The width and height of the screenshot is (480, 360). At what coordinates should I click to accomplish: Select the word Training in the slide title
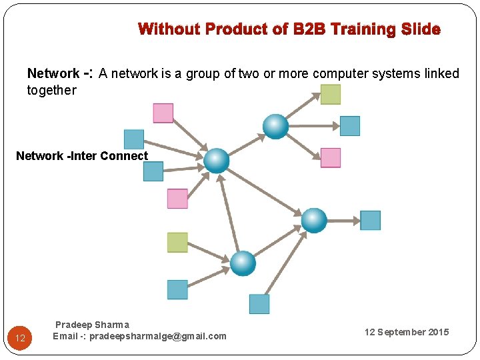tap(364, 29)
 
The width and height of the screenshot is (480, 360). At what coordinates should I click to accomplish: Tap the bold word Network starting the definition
tap(53, 73)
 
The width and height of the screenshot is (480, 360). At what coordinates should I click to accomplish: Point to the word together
tap(51, 90)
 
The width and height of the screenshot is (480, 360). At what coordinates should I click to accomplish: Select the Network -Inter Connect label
tap(82, 156)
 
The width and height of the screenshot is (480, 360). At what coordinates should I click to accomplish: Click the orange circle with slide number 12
tap(20, 338)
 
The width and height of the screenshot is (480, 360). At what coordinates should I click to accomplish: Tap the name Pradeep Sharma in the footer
tap(92, 325)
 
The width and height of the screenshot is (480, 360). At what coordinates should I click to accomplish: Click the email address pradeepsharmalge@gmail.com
tap(139, 336)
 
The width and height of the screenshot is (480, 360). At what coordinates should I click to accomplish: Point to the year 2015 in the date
tap(439, 332)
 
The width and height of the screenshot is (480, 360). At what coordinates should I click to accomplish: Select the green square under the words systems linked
tap(330, 94)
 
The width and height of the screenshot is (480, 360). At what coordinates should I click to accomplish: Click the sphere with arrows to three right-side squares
tap(275, 126)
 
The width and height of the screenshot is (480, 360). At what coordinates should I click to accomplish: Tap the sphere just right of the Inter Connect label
tap(216, 161)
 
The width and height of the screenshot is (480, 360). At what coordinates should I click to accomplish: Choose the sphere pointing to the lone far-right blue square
tap(314, 220)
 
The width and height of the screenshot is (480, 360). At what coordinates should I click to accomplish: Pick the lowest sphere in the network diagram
tap(243, 263)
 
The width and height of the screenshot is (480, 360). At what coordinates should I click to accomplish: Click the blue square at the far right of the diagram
tap(370, 220)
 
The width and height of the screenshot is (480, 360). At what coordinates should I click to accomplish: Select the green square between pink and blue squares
tap(177, 242)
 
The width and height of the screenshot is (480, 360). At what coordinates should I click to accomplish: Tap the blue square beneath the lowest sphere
tap(259, 304)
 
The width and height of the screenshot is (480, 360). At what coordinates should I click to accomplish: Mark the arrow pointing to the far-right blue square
tap(344, 220)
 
